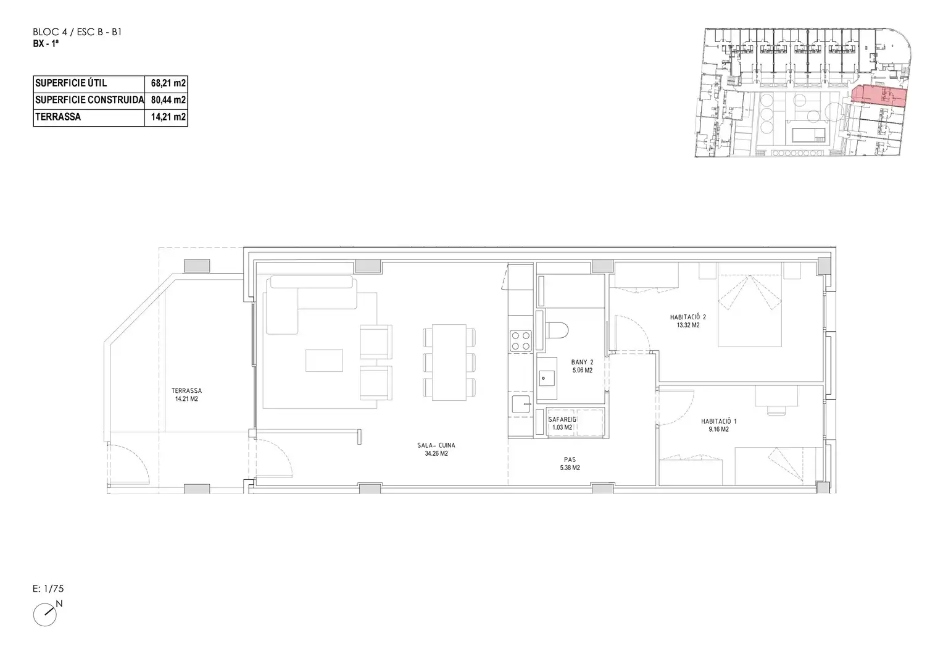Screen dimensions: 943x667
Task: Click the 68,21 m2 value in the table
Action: click(x=168, y=83)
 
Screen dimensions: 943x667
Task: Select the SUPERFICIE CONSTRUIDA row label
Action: click(x=89, y=100)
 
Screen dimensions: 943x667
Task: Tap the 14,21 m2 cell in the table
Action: click(x=168, y=117)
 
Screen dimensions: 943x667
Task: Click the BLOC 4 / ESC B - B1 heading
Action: click(x=77, y=32)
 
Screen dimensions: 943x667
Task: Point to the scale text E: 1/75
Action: click(x=48, y=589)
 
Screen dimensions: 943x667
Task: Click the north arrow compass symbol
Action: click(x=45, y=615)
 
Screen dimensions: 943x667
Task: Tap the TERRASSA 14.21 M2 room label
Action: click(x=186, y=395)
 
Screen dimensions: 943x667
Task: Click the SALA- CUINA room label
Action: click(x=436, y=445)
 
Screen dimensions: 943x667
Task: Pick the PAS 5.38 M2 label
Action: click(x=570, y=463)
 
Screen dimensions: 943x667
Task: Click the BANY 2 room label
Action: click(x=582, y=363)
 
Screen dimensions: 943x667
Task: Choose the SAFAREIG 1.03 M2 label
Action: click(x=562, y=424)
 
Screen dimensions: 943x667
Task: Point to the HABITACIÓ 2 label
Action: click(x=688, y=317)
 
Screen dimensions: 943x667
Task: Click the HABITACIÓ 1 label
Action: click(x=718, y=421)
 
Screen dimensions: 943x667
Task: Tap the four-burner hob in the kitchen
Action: click(x=521, y=341)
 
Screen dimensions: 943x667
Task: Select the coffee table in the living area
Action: click(x=324, y=360)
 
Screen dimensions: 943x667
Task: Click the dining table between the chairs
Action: click(x=449, y=363)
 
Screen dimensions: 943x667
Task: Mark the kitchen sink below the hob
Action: click(x=521, y=404)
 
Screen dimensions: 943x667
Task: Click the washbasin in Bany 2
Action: click(x=546, y=378)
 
